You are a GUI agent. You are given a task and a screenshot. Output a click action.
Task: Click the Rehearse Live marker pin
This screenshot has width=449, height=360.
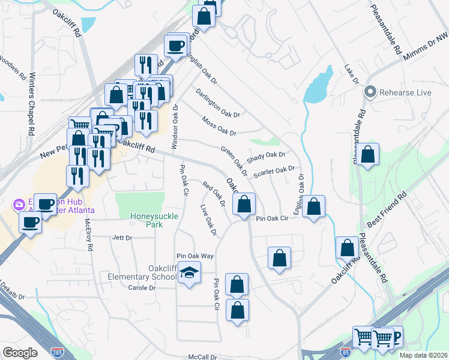tap(370, 92)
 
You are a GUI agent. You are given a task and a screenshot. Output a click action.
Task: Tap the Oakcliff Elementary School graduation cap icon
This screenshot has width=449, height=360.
tap(190, 273)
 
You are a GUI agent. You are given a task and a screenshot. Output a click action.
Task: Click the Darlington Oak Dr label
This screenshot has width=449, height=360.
tap(218, 103)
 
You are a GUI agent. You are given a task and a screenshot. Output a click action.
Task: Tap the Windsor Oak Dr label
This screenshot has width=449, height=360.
tap(175, 128)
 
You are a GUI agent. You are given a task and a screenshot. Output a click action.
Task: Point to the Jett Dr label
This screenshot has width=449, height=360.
tap(122, 238)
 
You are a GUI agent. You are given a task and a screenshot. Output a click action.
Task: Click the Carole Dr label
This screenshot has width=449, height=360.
tap(142, 288)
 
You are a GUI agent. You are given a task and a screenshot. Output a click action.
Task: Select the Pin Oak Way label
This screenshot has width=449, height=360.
tap(194, 256)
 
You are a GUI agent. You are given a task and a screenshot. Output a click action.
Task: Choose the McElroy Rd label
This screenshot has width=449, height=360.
tap(89, 234)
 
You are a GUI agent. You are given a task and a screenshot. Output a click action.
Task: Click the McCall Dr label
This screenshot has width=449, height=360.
tap(202, 357)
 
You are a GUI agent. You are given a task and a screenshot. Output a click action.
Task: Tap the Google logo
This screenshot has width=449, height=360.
tap(20, 353)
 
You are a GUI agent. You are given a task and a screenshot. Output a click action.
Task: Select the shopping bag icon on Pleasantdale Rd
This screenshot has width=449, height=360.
tap(369, 154)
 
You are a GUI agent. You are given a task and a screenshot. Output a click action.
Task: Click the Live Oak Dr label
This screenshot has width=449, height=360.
tap(208, 220)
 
